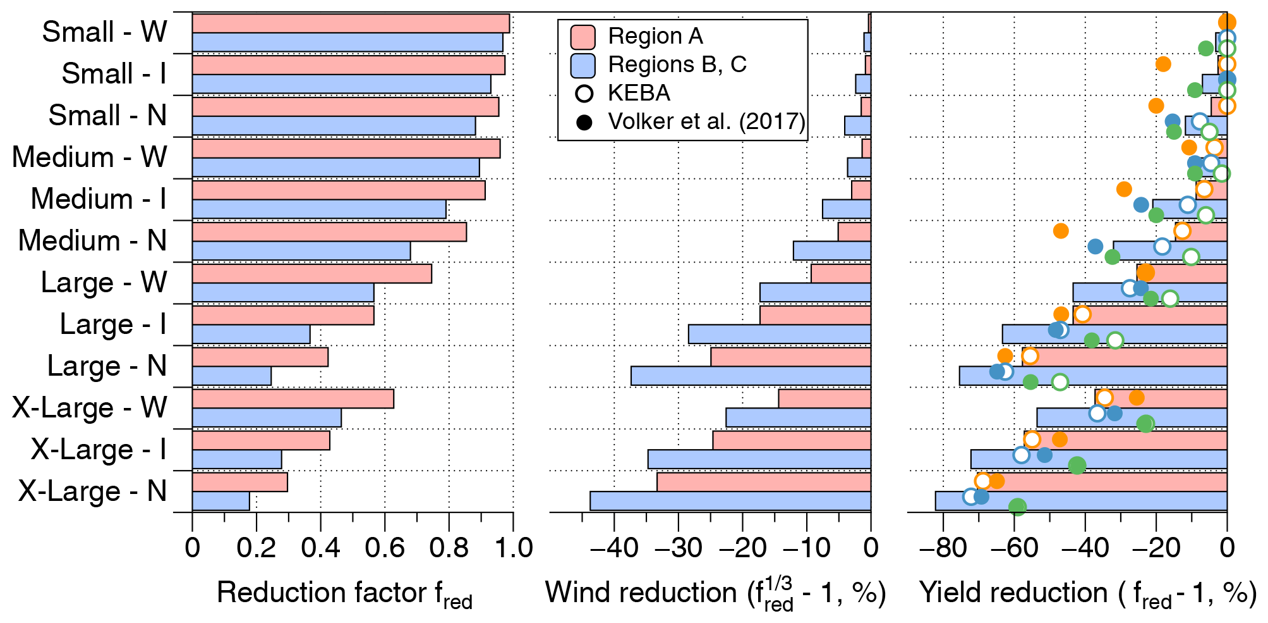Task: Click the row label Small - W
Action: pos(104,32)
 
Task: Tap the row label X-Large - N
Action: pos(92,491)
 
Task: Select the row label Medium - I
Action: pos(99,199)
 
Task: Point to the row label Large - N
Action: pos(107,366)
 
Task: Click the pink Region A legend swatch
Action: pos(583,37)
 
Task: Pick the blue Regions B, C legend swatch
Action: pos(583,65)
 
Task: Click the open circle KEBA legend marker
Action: pos(584,94)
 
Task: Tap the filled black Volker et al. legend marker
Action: pos(584,122)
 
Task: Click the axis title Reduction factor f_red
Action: pos(344,593)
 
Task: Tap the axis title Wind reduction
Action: pos(715,593)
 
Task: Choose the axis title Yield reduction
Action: pos(1087,593)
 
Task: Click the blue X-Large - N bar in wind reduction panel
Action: pos(730,501)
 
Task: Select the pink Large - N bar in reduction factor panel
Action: pos(260,357)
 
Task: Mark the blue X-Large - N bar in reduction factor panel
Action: pos(220,501)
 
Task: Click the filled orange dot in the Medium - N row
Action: pos(1061,231)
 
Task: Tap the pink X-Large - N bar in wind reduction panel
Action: pos(763,482)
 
